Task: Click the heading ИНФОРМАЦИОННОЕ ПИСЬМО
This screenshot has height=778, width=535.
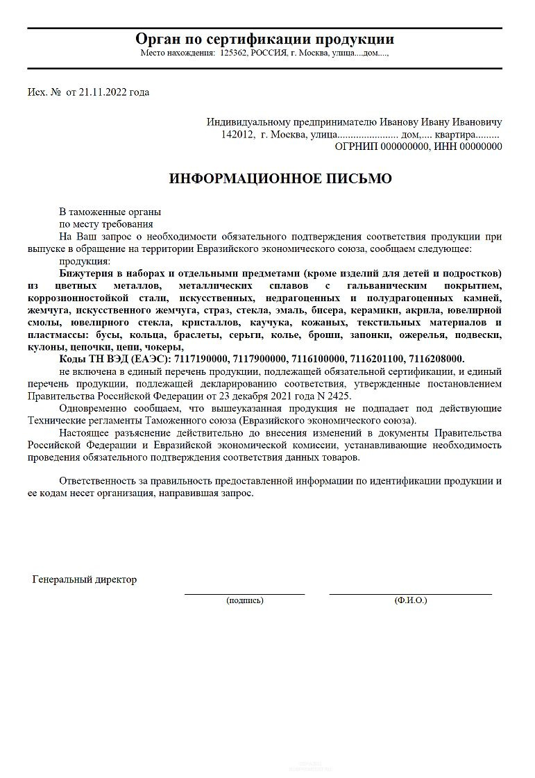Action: [280, 179]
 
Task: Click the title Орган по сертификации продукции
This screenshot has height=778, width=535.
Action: [264, 39]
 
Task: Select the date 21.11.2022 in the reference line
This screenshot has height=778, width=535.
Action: [103, 92]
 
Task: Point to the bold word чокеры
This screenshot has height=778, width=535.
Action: [163, 346]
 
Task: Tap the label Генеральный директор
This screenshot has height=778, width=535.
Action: [84, 580]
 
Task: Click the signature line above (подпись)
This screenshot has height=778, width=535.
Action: [244, 594]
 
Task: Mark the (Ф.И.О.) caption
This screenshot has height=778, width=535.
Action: [410, 600]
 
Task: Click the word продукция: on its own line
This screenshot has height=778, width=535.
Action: [85, 261]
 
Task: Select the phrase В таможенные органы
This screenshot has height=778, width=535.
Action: [110, 212]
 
